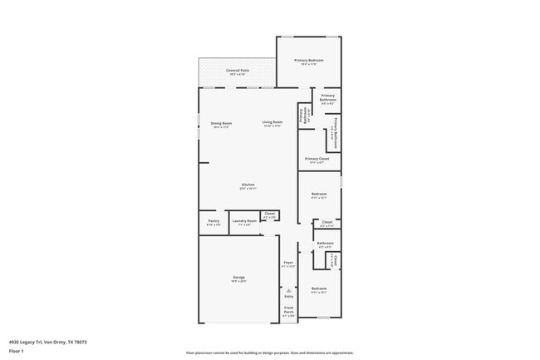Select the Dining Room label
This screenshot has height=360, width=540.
coord(221,124)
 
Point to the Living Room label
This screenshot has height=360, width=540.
coord(272,124)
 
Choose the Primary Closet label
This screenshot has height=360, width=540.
coord(317,160)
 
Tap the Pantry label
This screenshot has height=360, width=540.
coord(214,222)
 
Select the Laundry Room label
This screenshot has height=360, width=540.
coord(244,222)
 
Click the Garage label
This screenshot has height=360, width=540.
coord(238,279)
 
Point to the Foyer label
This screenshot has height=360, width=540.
coord(288,264)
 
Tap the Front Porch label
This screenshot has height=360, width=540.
coord(288,313)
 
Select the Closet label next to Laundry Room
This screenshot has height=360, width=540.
coord(269,215)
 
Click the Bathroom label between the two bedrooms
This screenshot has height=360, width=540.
coord(325,244)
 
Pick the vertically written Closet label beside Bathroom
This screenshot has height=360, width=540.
coord(335,260)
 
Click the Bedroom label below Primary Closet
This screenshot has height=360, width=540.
coord(319,195)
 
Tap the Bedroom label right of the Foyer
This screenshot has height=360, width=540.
coord(319,290)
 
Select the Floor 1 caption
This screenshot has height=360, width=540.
coord(16,352)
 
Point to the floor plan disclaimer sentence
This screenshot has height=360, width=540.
coord(270,353)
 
